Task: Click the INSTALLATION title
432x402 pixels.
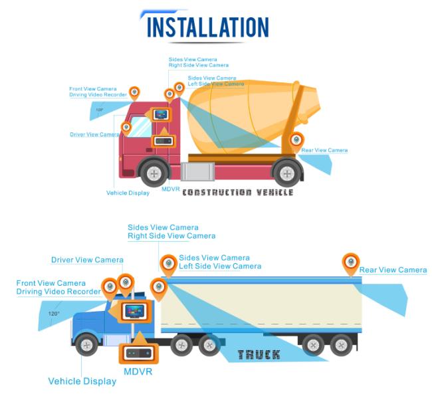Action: [x=208, y=27]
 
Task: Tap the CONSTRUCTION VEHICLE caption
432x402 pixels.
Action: [x=238, y=192]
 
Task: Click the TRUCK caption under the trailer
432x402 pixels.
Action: [x=259, y=355]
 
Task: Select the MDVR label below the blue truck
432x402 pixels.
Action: [x=138, y=371]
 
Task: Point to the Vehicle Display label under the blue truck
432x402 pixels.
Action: [x=82, y=381]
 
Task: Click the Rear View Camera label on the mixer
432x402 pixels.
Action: [x=324, y=150]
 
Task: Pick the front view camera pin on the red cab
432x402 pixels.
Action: [x=134, y=93]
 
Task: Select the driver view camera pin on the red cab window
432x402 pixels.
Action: [x=126, y=128]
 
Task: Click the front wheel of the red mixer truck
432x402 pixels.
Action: [x=154, y=173]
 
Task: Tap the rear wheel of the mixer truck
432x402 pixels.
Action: [x=287, y=173]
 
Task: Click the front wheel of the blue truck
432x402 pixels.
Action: [x=87, y=345]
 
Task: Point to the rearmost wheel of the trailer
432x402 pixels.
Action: [x=341, y=345]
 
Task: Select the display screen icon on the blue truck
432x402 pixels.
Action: [x=134, y=312]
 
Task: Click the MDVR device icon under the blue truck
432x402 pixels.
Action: [x=139, y=353]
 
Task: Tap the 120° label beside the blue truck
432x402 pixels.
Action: [x=53, y=314]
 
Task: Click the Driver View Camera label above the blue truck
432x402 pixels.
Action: [x=87, y=260]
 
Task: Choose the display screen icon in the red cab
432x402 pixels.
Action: [x=161, y=114]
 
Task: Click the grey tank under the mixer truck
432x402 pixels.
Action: [x=197, y=171]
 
